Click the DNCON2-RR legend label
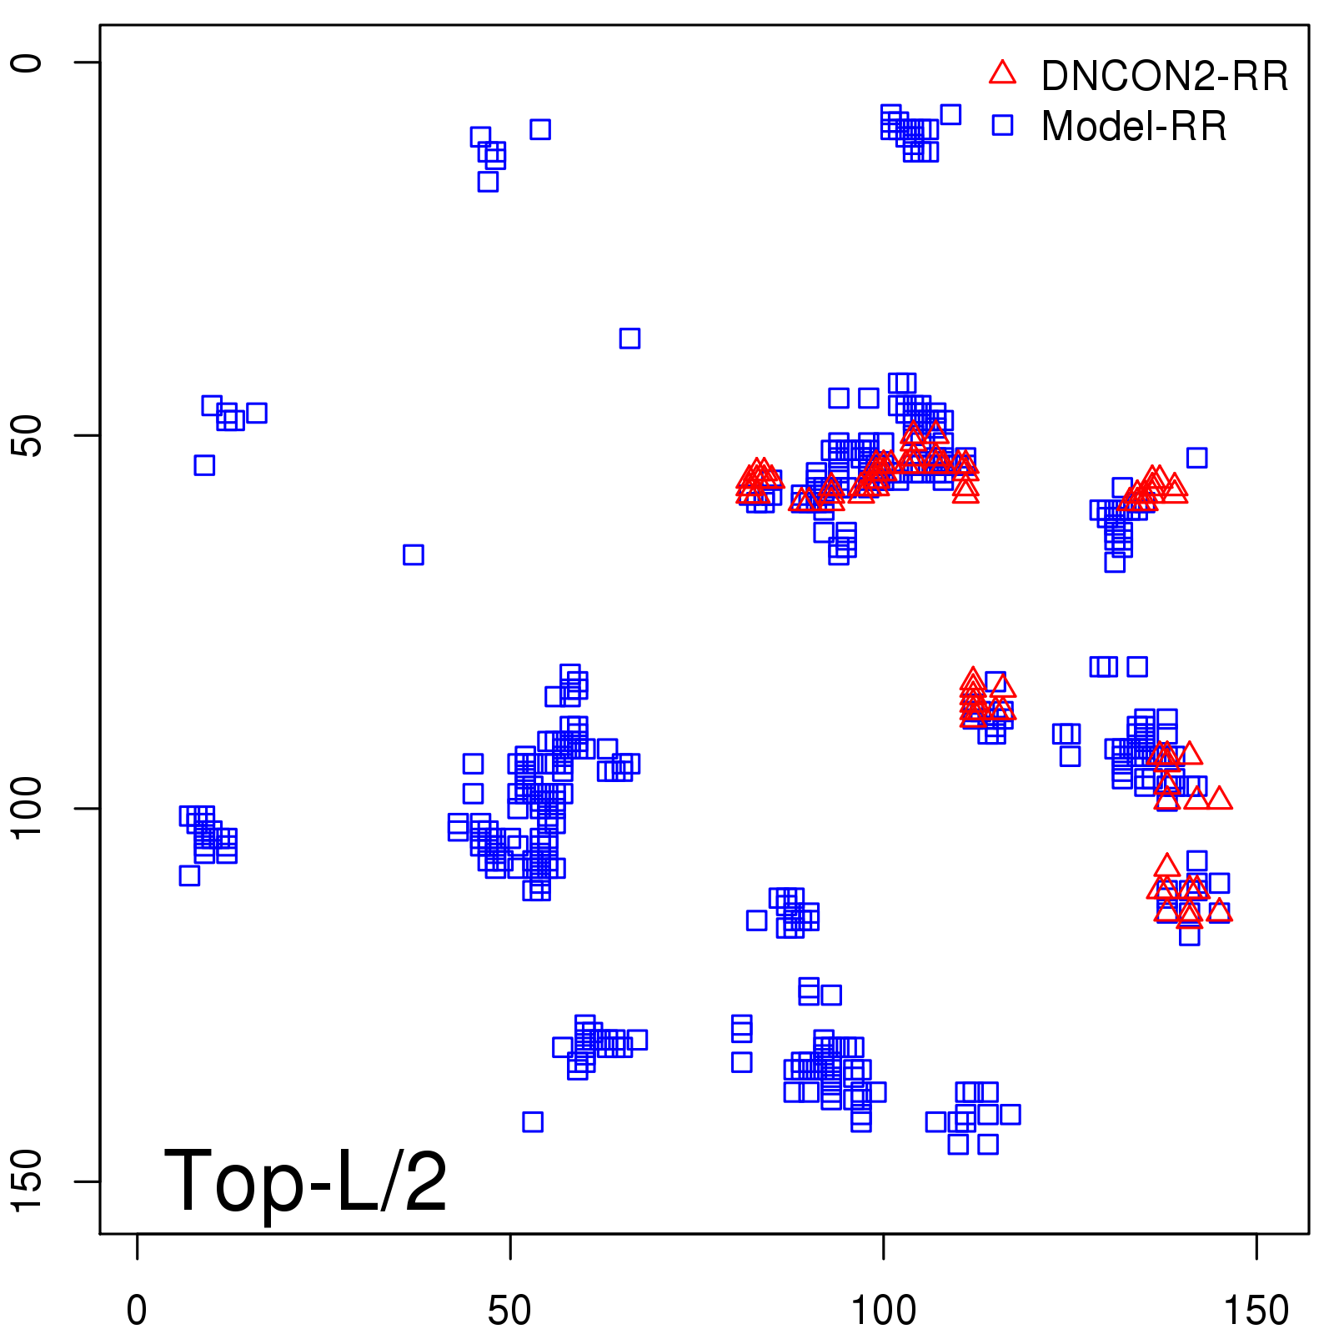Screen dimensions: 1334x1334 tap(1164, 77)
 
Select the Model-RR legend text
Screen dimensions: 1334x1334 tap(1134, 127)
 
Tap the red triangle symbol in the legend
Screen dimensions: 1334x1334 tap(1002, 73)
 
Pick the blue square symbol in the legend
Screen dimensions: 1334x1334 tap(1002, 125)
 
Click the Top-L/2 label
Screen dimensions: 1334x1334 tap(305, 1181)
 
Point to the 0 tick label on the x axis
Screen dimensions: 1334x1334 tap(137, 1311)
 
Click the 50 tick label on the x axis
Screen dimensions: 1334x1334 tap(509, 1311)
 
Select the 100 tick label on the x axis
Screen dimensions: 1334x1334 tap(883, 1311)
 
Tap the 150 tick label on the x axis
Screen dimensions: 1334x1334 tap(1256, 1311)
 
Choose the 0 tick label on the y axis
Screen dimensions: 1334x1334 tap(27, 63)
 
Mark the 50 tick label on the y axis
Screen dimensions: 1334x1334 tap(27, 435)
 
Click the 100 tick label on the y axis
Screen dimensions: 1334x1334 tap(27, 808)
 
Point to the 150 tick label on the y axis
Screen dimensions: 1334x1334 tap(27, 1181)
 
